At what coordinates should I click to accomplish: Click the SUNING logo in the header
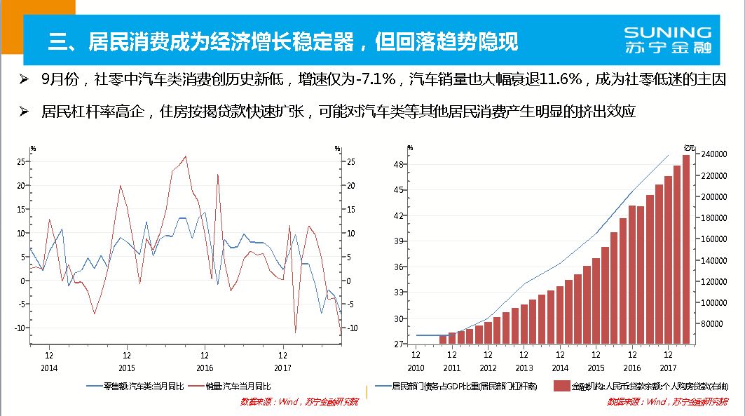[x=667, y=40]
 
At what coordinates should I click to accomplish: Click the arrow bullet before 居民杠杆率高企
[x=24, y=112]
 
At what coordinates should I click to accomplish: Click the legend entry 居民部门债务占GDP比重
[x=459, y=386]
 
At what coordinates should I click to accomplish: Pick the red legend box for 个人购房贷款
[x=561, y=386]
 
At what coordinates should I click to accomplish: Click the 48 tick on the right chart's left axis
[x=397, y=164]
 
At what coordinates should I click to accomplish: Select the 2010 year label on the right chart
[x=416, y=368]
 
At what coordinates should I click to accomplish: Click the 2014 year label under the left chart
[x=49, y=368]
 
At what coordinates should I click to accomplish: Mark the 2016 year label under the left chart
[x=205, y=368]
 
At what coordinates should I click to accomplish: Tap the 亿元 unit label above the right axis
[x=690, y=147]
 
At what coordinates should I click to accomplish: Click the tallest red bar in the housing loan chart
[x=686, y=249]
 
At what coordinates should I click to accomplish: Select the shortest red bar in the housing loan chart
[x=443, y=340]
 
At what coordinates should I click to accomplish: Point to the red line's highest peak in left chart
[x=185, y=156]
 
